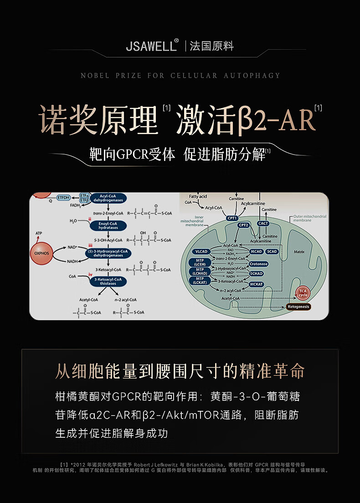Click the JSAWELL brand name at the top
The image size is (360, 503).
coord(151,47)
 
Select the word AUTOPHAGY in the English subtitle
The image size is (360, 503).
coord(252,76)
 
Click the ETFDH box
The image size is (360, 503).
coord(64,197)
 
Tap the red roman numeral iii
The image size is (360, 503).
coord(90,246)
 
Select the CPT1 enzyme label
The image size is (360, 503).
coord(232,218)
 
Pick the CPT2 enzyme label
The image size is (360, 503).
coord(243,225)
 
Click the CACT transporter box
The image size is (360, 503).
coord(263,223)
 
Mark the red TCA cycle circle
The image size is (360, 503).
coord(303,293)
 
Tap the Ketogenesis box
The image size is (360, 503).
coord(298,306)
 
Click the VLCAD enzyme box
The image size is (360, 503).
coord(201,251)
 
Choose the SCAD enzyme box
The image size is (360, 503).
coord(272,251)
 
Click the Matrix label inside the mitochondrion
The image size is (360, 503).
coord(299,252)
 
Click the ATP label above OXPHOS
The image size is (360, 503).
coord(38,233)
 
